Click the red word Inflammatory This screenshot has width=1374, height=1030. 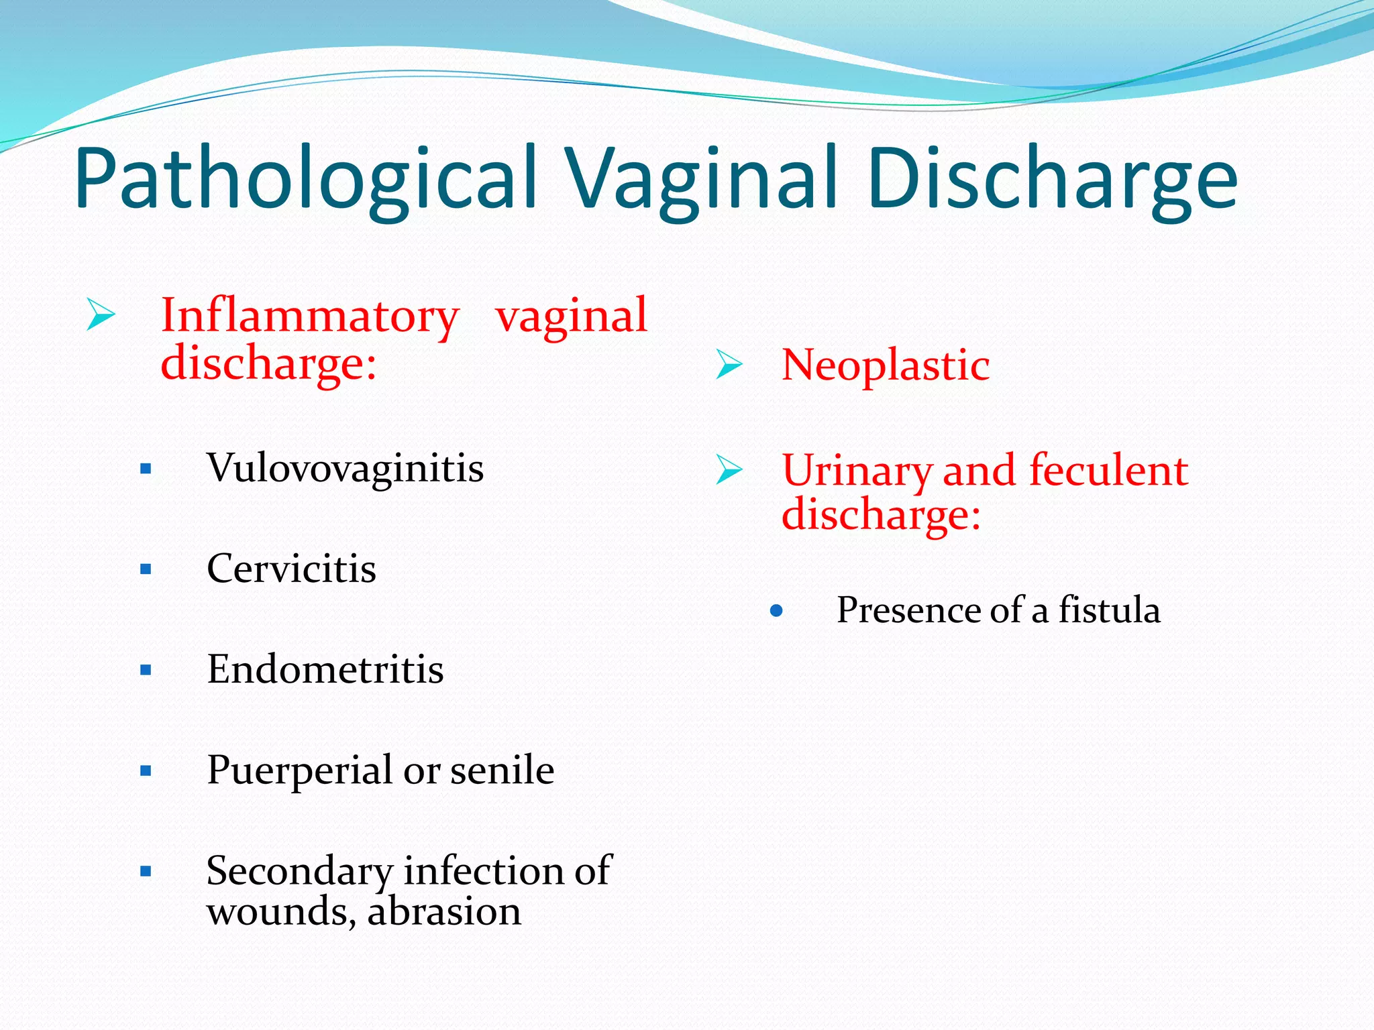(310, 316)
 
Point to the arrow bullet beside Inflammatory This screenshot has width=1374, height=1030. (101, 315)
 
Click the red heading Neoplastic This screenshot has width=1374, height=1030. (886, 365)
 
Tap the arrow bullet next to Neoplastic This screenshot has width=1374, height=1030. (729, 365)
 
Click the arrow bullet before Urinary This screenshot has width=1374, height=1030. (729, 469)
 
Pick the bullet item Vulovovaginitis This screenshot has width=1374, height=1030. (345, 467)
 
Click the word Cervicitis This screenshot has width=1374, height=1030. (291, 569)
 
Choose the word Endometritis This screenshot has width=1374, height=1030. (325, 669)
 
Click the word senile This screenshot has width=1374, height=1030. (502, 770)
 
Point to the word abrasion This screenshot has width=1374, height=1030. (443, 912)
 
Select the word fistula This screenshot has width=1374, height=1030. (1109, 610)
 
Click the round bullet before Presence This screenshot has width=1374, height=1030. (777, 611)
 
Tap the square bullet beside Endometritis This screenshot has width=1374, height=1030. (146, 670)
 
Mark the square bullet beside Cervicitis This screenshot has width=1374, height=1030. (146, 569)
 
